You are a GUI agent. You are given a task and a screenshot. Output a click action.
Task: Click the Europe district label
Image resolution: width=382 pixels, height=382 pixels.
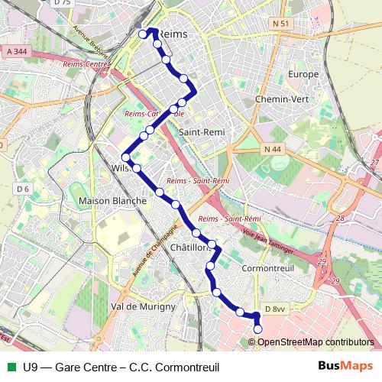[303, 74]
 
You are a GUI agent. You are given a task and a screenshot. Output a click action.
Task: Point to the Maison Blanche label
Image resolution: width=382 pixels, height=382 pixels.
[113, 200]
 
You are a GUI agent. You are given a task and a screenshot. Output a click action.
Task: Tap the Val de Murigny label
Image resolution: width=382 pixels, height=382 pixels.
[143, 306]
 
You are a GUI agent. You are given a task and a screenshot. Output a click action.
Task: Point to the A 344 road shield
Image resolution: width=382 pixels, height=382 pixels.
[16, 51]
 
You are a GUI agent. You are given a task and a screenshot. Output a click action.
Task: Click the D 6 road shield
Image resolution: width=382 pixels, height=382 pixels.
[22, 189]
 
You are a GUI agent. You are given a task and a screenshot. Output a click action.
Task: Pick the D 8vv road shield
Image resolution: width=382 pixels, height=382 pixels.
[275, 309]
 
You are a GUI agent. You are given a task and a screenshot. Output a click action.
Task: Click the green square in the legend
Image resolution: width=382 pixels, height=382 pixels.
[10, 366]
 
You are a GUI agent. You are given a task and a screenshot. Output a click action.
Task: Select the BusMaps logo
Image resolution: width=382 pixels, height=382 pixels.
[345, 366]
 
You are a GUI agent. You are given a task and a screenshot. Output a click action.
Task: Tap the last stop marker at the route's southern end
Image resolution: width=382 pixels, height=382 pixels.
[257, 329]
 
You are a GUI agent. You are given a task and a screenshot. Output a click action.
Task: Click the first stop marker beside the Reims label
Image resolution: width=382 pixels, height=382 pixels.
[142, 34]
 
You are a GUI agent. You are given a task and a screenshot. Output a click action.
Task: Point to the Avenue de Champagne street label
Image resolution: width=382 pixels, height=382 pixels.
[155, 250]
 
